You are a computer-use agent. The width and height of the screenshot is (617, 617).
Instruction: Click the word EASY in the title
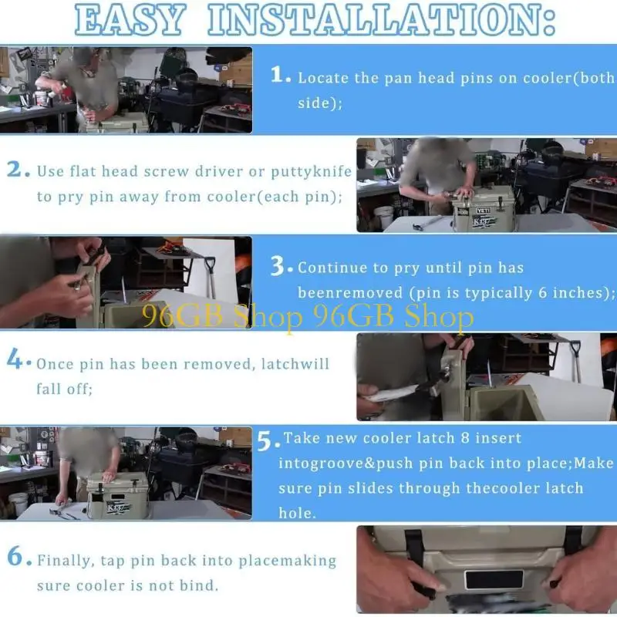(x=130, y=20)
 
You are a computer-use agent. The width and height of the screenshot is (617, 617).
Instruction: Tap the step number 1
(x=279, y=75)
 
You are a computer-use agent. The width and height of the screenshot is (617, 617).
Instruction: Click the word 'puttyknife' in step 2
(x=312, y=172)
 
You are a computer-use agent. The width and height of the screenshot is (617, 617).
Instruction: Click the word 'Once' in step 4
(x=55, y=364)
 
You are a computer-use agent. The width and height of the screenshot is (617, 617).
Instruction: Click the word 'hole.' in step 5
(x=297, y=513)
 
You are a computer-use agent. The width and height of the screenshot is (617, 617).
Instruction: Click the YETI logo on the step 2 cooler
(x=484, y=211)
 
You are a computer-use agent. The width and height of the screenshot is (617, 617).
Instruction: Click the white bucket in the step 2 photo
(x=384, y=217)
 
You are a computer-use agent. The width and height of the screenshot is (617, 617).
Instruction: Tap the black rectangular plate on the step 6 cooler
(x=494, y=579)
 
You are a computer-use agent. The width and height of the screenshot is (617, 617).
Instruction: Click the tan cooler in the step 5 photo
(x=117, y=495)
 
